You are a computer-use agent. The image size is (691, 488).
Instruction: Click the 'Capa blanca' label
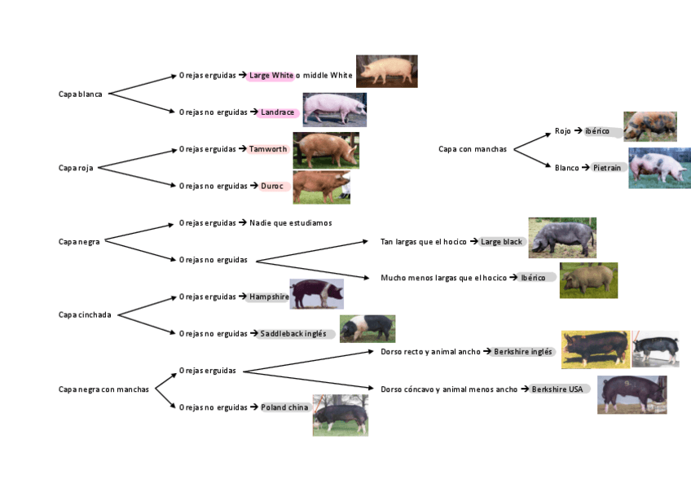(81, 94)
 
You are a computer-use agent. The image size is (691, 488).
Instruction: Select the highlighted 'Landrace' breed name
(277, 112)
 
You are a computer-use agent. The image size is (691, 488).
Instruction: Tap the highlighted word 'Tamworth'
(268, 149)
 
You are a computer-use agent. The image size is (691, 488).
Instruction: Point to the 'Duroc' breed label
(272, 186)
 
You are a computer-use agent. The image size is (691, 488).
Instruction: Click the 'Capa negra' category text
(79, 241)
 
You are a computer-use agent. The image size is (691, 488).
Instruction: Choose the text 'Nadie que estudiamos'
(290, 222)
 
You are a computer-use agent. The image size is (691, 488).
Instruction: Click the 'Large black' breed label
(501, 241)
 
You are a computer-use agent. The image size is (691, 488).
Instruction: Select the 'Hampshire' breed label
(269, 297)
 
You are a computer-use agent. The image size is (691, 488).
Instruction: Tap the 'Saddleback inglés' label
(293, 333)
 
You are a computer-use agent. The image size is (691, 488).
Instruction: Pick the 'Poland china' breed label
(284, 407)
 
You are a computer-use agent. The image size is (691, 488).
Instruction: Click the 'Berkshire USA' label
(557, 389)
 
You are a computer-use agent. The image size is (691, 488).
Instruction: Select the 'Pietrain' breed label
(607, 168)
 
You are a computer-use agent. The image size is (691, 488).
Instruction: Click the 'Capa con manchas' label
(473, 149)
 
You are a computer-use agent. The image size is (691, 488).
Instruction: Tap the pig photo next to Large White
(386, 71)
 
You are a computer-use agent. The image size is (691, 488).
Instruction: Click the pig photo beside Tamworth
(325, 150)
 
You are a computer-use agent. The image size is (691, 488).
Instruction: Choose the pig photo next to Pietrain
(658, 168)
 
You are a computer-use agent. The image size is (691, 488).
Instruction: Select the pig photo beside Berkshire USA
(632, 394)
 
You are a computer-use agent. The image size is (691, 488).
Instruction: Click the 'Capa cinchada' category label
(85, 314)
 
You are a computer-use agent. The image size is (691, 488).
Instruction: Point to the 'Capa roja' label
(76, 168)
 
